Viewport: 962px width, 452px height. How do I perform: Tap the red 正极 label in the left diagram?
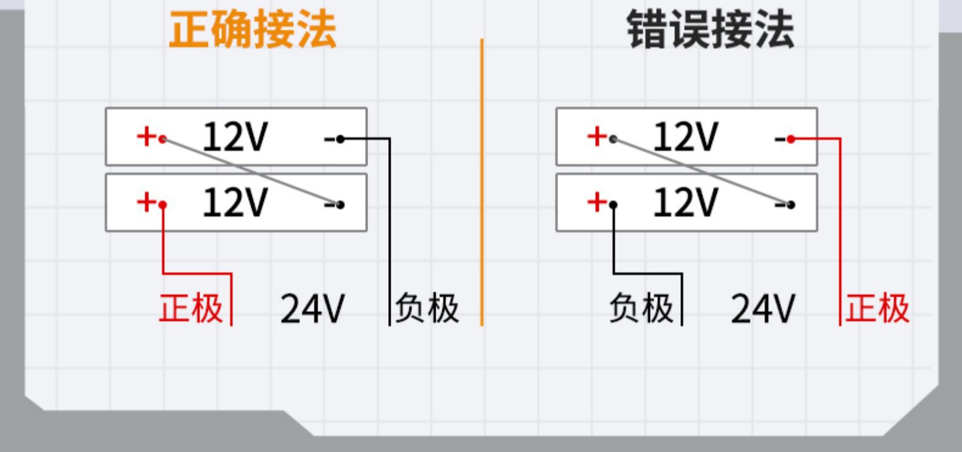pos(191,308)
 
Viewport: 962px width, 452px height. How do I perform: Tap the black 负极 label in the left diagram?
pos(427,308)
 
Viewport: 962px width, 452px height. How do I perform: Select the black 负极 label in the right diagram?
pos(641,308)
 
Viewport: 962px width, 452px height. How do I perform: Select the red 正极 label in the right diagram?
pos(877,308)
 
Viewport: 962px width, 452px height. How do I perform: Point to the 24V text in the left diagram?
pos(312,309)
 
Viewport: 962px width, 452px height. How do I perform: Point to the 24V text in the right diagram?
pos(762,309)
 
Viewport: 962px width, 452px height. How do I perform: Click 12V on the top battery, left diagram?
pos(235,137)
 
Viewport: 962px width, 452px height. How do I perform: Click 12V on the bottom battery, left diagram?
pos(235,202)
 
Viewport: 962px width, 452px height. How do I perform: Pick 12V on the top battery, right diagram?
pos(685,137)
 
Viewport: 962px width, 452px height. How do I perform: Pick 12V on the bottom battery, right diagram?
pos(685,202)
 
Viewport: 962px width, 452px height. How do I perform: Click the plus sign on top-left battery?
pos(146,136)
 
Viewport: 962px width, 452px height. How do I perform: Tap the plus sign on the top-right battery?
pos(596,136)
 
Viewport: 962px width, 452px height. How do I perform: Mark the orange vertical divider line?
pos(481,183)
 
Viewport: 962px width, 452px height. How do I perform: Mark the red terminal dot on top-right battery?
pos(790,139)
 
